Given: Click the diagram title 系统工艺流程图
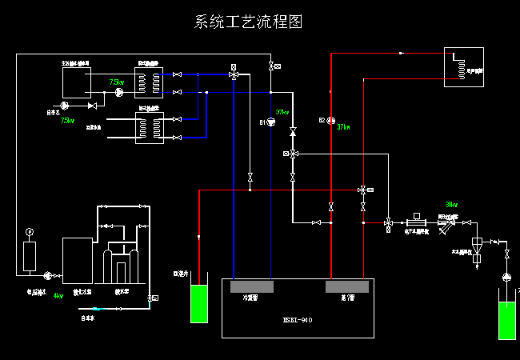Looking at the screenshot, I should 249,22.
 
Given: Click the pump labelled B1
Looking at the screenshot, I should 270,122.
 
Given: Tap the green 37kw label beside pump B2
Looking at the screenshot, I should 344,126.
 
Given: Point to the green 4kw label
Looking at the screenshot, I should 58,295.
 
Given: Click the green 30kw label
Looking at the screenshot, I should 451,204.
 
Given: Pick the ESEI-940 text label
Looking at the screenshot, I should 296,319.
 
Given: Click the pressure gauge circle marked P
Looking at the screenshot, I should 30,232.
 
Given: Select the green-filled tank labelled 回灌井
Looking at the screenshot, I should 199,302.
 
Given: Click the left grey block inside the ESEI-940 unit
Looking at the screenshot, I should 251,286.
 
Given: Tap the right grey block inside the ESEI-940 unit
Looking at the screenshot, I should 346,286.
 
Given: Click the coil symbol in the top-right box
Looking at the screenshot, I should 457,67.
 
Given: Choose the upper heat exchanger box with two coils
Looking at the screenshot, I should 149,78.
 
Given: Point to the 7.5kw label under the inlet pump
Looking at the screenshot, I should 67,121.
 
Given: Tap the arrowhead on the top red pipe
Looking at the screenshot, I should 400,54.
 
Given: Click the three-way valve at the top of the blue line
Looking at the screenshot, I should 234,75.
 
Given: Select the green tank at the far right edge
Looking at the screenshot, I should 507,320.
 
